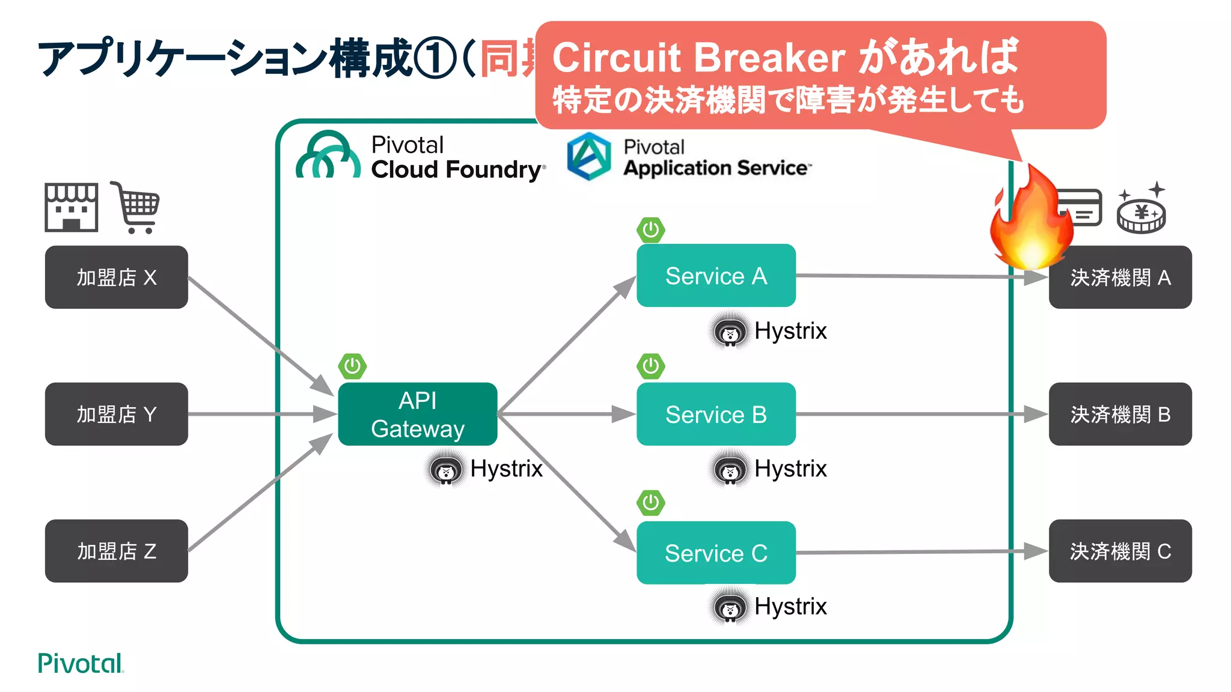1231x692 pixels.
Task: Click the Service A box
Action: [715, 276]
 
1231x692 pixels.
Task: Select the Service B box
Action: [715, 414]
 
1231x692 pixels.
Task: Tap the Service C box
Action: [715, 553]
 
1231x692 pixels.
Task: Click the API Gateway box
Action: [417, 414]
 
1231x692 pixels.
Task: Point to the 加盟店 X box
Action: [116, 277]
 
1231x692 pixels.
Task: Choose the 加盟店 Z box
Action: [116, 551]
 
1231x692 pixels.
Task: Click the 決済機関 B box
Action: [1120, 414]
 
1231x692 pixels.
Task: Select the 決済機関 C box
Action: [1120, 551]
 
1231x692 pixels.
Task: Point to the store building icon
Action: [71, 207]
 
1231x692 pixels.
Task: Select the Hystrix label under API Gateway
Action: [506, 469]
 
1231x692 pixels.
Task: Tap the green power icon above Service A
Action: [650, 229]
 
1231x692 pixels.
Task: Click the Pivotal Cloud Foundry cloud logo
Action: [328, 156]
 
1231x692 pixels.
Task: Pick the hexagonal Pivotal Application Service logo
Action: [589, 156]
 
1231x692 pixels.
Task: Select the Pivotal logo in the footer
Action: [80, 663]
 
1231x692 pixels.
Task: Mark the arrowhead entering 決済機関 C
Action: [1035, 551]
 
